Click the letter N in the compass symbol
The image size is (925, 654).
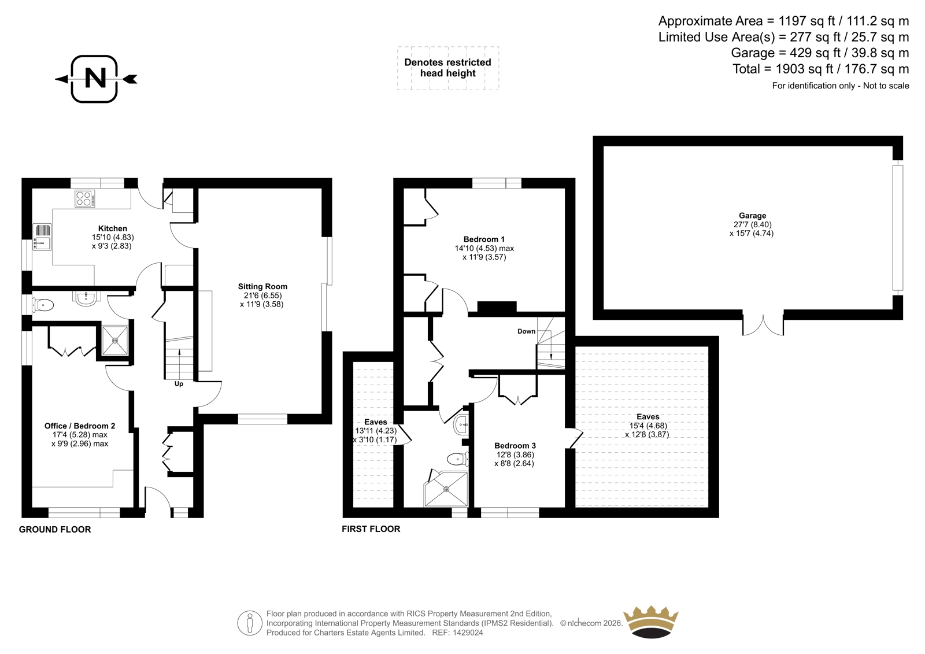pos(95,78)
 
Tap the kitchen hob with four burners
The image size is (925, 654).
pos(84,198)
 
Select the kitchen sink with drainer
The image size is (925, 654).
pos(42,237)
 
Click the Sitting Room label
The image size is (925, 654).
pos(262,286)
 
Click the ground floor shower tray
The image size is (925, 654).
pos(115,341)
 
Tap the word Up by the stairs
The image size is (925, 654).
pos(179,384)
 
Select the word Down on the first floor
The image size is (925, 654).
pos(527,331)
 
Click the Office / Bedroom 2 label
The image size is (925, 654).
pos(80,426)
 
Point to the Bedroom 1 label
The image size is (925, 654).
pos(484,239)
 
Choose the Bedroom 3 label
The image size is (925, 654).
pos(515,446)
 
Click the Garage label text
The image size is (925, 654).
pos(752,216)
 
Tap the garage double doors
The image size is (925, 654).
pos(763,326)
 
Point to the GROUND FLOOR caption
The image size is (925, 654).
pos(55,530)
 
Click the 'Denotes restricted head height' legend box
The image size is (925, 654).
pos(448,68)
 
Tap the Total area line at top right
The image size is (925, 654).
pos(821,69)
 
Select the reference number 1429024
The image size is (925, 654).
pos(468,633)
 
